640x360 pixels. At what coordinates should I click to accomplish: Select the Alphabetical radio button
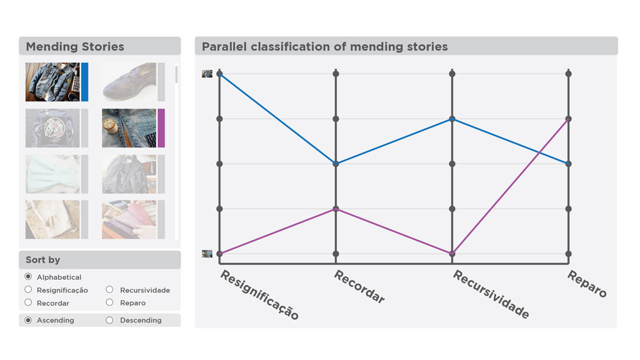tap(28, 276)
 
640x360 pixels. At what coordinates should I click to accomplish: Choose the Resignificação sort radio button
tap(28, 289)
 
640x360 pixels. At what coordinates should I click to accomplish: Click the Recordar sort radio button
tap(28, 302)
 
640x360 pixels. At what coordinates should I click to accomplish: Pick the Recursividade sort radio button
tap(109, 289)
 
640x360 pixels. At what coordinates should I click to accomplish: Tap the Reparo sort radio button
tap(109, 302)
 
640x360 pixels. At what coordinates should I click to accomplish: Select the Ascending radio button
tap(28, 320)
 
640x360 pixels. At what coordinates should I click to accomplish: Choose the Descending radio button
tap(109, 320)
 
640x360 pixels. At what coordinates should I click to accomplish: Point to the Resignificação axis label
tap(259, 294)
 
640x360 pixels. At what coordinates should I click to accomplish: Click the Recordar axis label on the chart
tap(359, 286)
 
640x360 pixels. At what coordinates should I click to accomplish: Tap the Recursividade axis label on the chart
tap(491, 294)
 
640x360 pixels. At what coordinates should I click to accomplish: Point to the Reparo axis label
tap(587, 283)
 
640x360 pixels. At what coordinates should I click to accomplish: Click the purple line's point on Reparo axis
tap(568, 119)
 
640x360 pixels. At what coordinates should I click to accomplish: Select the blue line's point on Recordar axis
tap(335, 163)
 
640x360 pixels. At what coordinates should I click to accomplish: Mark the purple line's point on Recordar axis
tap(335, 209)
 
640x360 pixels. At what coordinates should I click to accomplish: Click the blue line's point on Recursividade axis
tap(452, 119)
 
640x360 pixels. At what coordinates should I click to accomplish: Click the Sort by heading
tap(43, 259)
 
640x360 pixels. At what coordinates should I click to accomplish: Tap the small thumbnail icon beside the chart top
tap(207, 73)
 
